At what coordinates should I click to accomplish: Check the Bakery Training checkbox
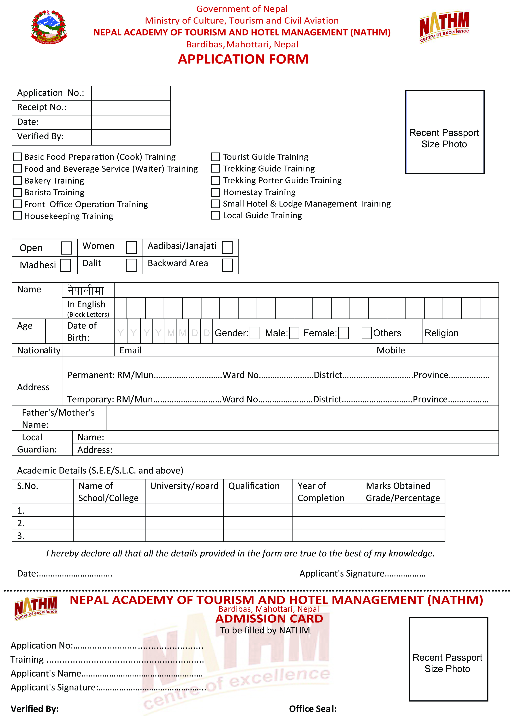point(18,180)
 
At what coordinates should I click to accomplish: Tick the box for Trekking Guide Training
point(215,168)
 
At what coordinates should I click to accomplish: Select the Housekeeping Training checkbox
point(18,216)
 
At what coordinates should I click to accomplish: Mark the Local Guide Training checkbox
point(215,215)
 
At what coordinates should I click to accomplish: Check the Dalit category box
point(131,265)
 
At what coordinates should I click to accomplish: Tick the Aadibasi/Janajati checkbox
point(227,247)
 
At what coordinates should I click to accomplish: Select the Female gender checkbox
point(343,333)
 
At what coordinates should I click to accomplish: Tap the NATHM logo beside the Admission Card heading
point(36,608)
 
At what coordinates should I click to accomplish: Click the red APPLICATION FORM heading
point(243,59)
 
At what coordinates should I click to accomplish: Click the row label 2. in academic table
point(21,523)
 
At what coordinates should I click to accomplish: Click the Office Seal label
point(313,709)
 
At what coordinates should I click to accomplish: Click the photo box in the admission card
point(448,659)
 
